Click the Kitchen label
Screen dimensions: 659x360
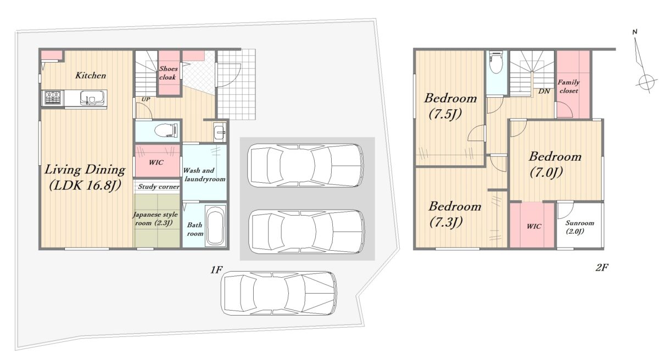91,76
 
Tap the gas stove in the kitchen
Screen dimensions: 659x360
53,98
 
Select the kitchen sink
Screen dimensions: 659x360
92,98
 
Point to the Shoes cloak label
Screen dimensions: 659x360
168,73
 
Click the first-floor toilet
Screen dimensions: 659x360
166,131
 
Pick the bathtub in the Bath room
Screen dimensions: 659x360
215,226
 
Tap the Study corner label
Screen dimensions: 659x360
159,187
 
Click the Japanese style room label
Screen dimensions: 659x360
155,218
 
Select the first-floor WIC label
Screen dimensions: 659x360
156,162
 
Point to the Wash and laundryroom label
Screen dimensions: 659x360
204,175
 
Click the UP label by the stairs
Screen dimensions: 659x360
146,99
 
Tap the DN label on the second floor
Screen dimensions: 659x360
544,92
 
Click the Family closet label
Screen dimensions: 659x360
569,86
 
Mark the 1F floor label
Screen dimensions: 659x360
216,269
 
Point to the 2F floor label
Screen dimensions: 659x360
602,267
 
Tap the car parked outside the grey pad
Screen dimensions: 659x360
279,293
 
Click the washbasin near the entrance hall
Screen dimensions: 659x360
220,131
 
